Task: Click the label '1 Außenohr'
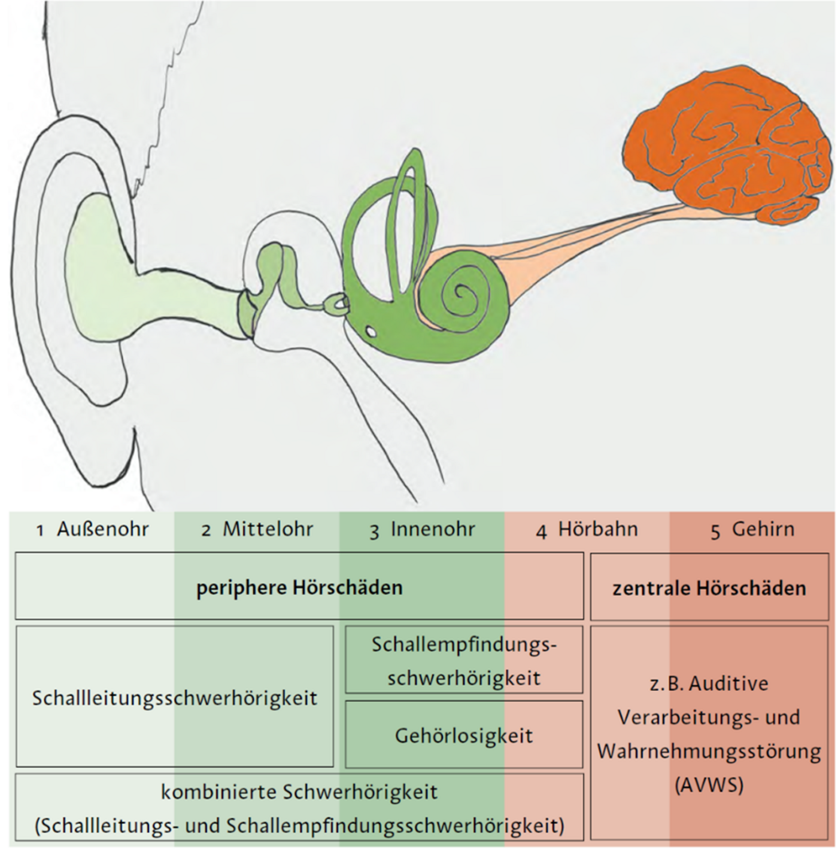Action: pos(93,529)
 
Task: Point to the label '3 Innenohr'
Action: pos(422,530)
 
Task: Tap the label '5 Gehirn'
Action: pos(752,530)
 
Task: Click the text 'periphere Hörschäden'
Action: pos(299,587)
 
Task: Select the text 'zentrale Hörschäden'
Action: pos(709,588)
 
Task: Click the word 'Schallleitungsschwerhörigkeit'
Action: pos(175,698)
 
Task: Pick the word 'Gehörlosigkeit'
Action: pos(464,735)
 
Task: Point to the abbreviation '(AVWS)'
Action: pos(709,784)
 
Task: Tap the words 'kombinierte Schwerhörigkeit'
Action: pos(299,792)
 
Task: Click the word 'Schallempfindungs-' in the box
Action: pos(464,645)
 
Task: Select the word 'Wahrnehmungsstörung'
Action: pos(709,751)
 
